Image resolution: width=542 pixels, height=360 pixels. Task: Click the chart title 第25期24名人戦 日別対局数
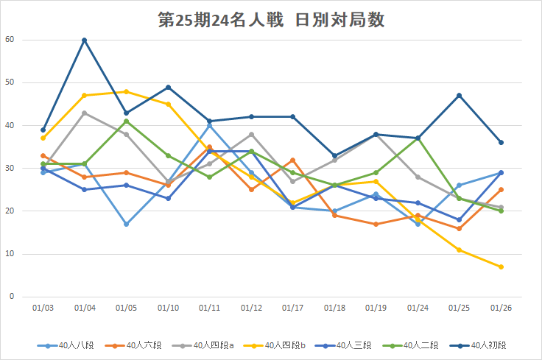click(x=271, y=19)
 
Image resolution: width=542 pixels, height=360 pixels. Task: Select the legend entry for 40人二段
click(x=431, y=345)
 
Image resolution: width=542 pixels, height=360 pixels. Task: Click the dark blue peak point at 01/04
click(x=85, y=40)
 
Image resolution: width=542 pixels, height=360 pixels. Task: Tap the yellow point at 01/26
click(x=501, y=267)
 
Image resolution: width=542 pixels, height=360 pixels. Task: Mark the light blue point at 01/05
click(x=126, y=224)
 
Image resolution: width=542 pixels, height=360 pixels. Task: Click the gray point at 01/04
click(x=85, y=113)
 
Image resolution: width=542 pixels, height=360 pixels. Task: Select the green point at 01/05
click(x=126, y=121)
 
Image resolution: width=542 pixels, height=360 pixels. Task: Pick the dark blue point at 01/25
click(x=459, y=96)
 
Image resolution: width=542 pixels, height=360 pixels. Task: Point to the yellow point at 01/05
click(x=126, y=91)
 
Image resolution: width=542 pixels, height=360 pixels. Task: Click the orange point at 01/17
click(x=292, y=160)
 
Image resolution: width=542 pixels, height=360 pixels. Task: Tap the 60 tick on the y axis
click(x=9, y=40)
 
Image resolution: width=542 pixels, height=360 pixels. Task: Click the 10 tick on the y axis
click(x=9, y=254)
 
